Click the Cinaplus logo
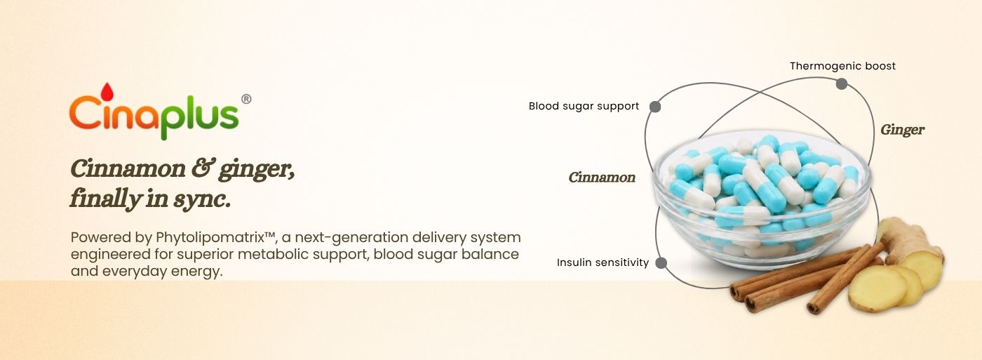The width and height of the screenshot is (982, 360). coord(160,112)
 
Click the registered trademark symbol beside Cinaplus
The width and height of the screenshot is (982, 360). coord(246,99)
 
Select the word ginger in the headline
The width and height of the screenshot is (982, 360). coord(257,170)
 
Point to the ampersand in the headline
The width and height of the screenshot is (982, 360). coord(202,168)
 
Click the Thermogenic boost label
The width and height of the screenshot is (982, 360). coord(842,66)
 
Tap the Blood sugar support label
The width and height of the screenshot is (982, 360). coord(584,106)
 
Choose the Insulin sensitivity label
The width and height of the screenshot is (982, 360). coord(603,262)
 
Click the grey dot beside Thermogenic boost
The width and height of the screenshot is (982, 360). coord(841,84)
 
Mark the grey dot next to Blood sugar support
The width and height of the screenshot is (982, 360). coord(655,107)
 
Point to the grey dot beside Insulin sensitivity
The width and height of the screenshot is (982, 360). coord(661,262)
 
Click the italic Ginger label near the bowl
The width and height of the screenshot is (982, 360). coord(902,131)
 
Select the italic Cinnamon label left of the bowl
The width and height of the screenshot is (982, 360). coord(602,178)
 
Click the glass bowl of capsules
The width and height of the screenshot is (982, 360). coord(762,198)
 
